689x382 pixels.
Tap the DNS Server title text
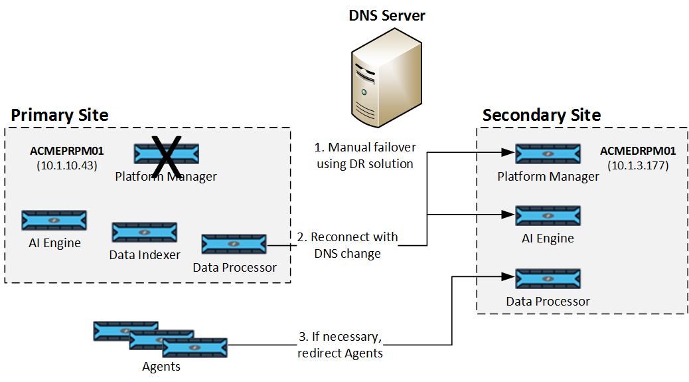[387, 15]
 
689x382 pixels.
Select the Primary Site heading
[60, 115]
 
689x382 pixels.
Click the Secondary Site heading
[542, 115]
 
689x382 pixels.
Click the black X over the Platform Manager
[167, 155]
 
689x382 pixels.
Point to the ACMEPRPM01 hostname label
[66, 151]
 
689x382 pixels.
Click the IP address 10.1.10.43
[66, 165]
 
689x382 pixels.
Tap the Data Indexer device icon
[144, 233]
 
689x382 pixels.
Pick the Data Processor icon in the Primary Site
[234, 244]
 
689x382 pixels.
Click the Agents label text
[161, 366]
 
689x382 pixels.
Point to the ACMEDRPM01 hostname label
[638, 151]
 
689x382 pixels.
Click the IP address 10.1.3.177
[638, 165]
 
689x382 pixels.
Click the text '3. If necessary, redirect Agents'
[341, 345]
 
